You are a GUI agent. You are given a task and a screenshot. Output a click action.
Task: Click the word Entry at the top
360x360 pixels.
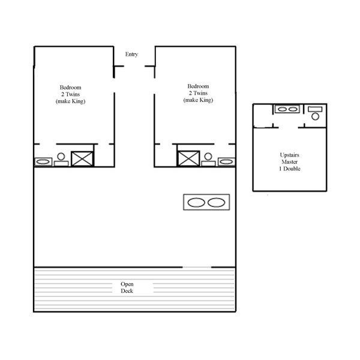pos(131,55)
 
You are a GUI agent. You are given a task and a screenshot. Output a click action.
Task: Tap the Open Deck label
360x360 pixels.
pos(127,287)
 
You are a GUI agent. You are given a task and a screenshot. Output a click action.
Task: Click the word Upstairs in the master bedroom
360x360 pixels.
pos(290,155)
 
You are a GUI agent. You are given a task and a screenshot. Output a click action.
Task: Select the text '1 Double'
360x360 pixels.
pos(290,169)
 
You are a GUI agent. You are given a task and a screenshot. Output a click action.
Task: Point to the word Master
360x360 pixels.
pos(290,162)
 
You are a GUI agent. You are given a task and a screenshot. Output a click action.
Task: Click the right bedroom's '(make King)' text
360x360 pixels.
pos(198,100)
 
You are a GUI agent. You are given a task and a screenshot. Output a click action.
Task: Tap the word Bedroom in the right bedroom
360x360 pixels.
pos(198,86)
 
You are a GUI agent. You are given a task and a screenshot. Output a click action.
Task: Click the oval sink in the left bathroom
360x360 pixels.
pos(43,161)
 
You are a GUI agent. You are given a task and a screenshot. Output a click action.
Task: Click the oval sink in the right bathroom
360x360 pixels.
pos(226,161)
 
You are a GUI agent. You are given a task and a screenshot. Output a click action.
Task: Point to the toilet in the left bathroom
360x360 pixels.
pos(60,159)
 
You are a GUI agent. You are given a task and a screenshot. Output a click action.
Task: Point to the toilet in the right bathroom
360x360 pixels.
pos(208,158)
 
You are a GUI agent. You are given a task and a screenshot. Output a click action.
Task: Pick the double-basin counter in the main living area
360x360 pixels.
pos(206,202)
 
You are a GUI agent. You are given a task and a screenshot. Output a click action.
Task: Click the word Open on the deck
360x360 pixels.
pos(127,284)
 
